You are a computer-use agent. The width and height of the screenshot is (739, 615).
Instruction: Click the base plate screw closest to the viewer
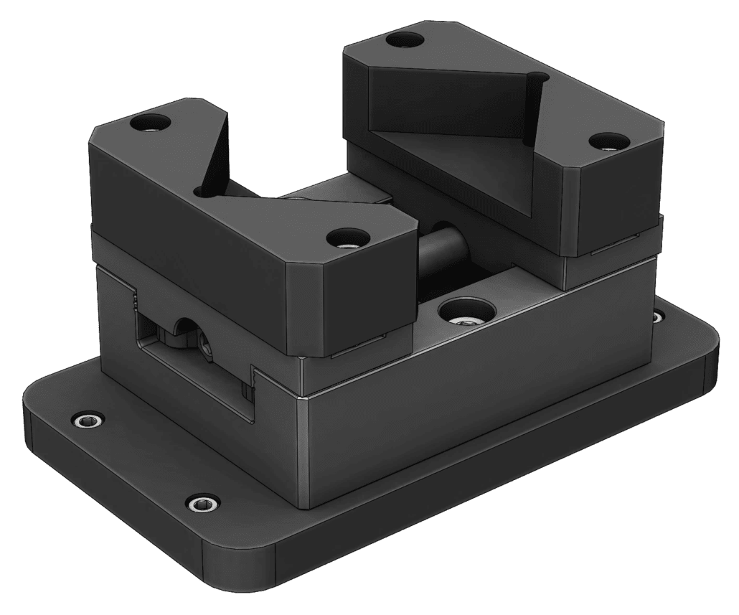pos(201,504)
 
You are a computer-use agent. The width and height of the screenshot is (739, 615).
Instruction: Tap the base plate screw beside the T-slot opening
pos(88,421)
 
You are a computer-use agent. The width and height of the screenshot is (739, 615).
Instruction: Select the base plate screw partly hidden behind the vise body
pos(657,316)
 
